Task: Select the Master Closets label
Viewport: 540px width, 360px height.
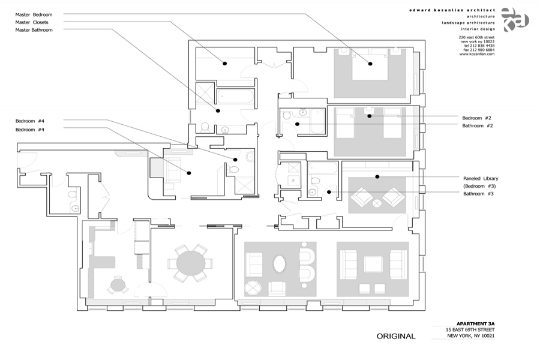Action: [x=32, y=22]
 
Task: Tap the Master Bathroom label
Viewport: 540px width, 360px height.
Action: [x=34, y=29]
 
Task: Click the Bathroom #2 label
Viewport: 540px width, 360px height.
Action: [x=478, y=125]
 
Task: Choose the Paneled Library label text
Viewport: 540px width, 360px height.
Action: [x=481, y=178]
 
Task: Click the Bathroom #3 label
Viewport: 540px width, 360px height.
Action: [x=478, y=193]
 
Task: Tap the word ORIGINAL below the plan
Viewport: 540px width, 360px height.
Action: [x=396, y=337]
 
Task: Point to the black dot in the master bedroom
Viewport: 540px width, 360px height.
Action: [x=370, y=63]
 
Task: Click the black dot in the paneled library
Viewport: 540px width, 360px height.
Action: [x=377, y=176]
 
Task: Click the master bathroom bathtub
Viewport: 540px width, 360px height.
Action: [x=236, y=96]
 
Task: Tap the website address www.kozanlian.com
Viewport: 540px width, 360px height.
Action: [x=477, y=54]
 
